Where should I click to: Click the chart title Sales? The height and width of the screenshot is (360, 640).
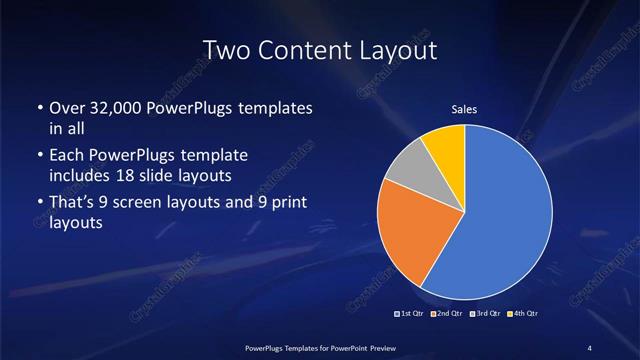tap(464, 109)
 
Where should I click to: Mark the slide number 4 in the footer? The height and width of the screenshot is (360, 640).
tap(589, 347)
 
